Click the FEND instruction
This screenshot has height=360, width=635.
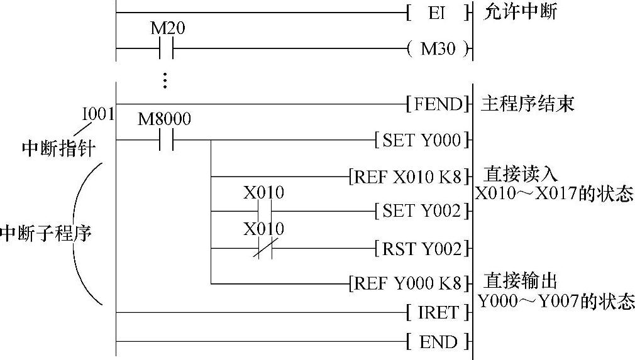coord(438,104)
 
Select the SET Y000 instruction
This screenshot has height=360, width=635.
coord(422,140)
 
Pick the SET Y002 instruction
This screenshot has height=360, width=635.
coord(422,212)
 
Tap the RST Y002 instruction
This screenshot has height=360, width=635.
coord(422,249)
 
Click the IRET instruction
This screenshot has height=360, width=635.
coord(438,312)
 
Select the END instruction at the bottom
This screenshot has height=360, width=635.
coord(438,342)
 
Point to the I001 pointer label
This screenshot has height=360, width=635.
coord(98,115)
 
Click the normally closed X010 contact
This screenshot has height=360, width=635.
coord(263,249)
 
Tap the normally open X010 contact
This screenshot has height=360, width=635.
coord(263,212)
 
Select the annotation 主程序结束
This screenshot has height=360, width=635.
coord(527,104)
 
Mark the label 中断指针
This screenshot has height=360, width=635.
coord(58,150)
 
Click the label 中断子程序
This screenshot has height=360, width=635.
coord(45,234)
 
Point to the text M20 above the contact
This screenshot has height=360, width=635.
coord(168,29)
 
